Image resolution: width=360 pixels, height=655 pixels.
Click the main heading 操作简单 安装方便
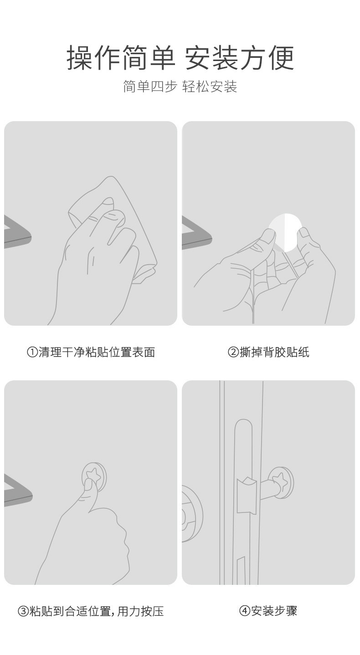(x=180, y=58)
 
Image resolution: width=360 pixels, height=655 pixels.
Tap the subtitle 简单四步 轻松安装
(x=180, y=86)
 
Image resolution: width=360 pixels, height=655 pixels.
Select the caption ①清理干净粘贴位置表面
(x=91, y=352)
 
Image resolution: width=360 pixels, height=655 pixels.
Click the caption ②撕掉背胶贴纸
(x=268, y=352)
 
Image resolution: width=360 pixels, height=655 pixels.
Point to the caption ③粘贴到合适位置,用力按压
(x=91, y=611)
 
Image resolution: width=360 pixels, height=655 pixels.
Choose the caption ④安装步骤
(x=268, y=611)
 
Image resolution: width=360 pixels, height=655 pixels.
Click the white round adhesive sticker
(x=285, y=232)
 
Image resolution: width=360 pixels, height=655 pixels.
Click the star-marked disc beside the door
(x=281, y=482)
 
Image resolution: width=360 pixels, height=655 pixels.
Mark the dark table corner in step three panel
(x=18, y=491)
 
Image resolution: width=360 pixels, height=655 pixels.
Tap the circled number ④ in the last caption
(x=245, y=611)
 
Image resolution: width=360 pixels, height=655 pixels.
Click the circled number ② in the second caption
(x=233, y=353)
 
